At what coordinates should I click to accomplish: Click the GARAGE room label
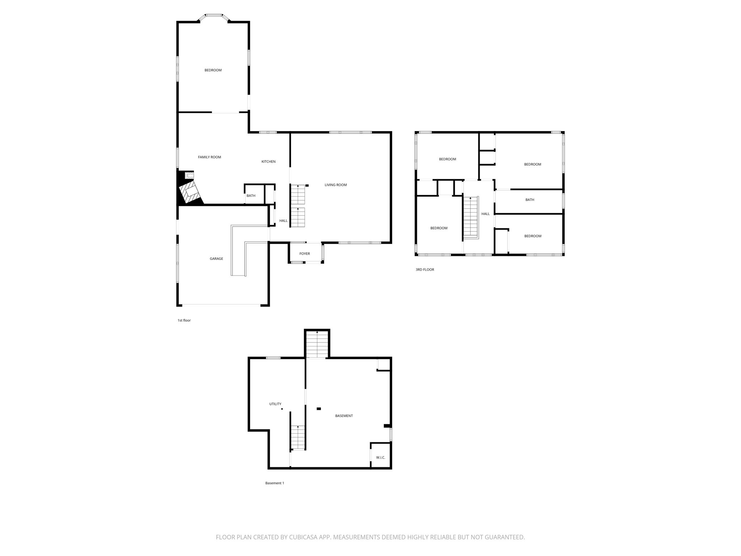pyautogui.click(x=216, y=259)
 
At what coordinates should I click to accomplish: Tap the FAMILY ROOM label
pyautogui.click(x=209, y=157)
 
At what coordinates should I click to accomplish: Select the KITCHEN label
pyautogui.click(x=268, y=161)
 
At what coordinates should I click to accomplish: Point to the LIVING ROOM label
pyautogui.click(x=336, y=185)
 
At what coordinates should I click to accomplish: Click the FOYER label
pyautogui.click(x=305, y=254)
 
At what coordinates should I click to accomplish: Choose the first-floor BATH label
pyautogui.click(x=251, y=196)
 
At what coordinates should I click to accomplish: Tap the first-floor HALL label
pyautogui.click(x=283, y=221)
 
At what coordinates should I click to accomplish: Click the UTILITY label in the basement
pyautogui.click(x=275, y=404)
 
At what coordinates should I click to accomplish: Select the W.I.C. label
pyautogui.click(x=381, y=458)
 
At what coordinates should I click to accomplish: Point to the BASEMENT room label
pyautogui.click(x=344, y=416)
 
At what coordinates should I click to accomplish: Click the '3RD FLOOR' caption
pyautogui.click(x=425, y=270)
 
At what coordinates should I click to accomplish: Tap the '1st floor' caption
pyautogui.click(x=184, y=320)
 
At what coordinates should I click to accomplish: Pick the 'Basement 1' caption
pyautogui.click(x=275, y=483)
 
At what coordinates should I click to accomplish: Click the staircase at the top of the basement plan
pyautogui.click(x=317, y=344)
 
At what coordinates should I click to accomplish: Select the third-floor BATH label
pyautogui.click(x=530, y=200)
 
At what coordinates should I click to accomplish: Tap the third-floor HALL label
pyautogui.click(x=486, y=214)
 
